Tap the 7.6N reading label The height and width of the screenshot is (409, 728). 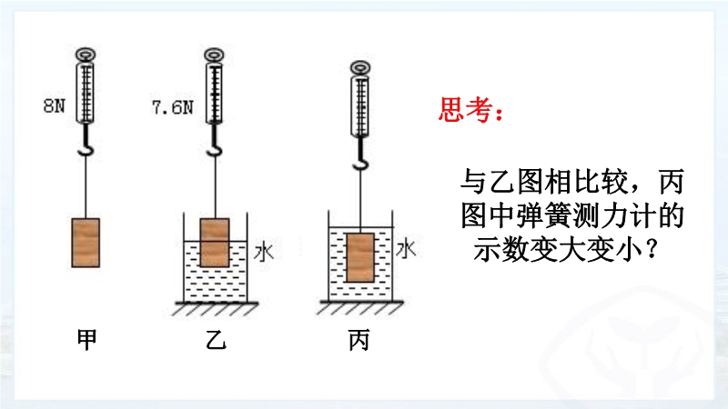pyautogui.click(x=173, y=106)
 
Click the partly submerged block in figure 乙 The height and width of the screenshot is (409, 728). pyautogui.click(x=214, y=243)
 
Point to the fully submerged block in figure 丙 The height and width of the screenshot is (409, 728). pyautogui.click(x=360, y=258)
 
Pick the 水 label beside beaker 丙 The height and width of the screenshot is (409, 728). pyautogui.click(x=406, y=248)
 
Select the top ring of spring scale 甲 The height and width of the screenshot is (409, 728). pyautogui.click(x=86, y=54)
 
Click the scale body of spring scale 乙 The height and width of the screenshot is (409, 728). pyautogui.click(x=215, y=91)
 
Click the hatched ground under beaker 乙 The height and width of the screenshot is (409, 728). pyautogui.click(x=215, y=309)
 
